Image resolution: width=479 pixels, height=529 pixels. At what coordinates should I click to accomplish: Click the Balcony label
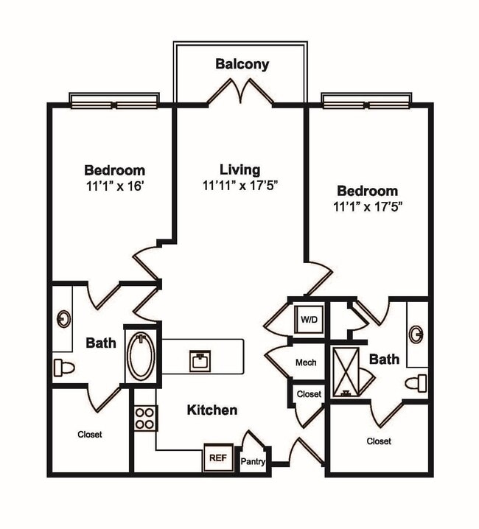click(x=242, y=64)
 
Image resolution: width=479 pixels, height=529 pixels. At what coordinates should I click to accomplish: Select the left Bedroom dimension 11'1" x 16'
click(x=114, y=186)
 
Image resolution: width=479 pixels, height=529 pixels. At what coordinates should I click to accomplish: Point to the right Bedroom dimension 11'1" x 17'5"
click(x=367, y=207)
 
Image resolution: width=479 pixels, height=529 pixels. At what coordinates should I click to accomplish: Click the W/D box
click(x=308, y=319)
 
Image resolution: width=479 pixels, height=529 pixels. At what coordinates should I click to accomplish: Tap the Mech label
click(x=306, y=362)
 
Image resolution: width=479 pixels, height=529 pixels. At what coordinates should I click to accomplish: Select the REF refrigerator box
click(x=217, y=458)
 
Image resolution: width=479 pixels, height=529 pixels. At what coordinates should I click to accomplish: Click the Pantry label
click(x=253, y=462)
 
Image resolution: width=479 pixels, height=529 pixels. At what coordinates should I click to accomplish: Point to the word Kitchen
click(x=211, y=410)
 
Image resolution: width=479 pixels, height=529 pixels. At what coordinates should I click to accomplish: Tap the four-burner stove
click(x=145, y=418)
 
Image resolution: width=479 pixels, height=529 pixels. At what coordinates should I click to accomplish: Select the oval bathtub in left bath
click(x=141, y=355)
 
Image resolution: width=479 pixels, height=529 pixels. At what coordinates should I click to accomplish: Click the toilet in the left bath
click(x=65, y=367)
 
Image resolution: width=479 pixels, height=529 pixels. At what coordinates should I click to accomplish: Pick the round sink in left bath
click(x=63, y=319)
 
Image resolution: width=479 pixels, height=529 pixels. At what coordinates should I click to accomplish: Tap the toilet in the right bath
click(x=417, y=382)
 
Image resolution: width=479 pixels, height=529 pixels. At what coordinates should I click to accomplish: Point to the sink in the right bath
click(x=417, y=334)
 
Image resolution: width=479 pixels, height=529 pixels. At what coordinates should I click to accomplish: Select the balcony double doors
click(x=241, y=93)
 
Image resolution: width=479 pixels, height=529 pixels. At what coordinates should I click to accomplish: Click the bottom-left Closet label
click(x=90, y=435)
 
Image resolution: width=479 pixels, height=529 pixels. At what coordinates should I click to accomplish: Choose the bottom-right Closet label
click(x=379, y=441)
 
